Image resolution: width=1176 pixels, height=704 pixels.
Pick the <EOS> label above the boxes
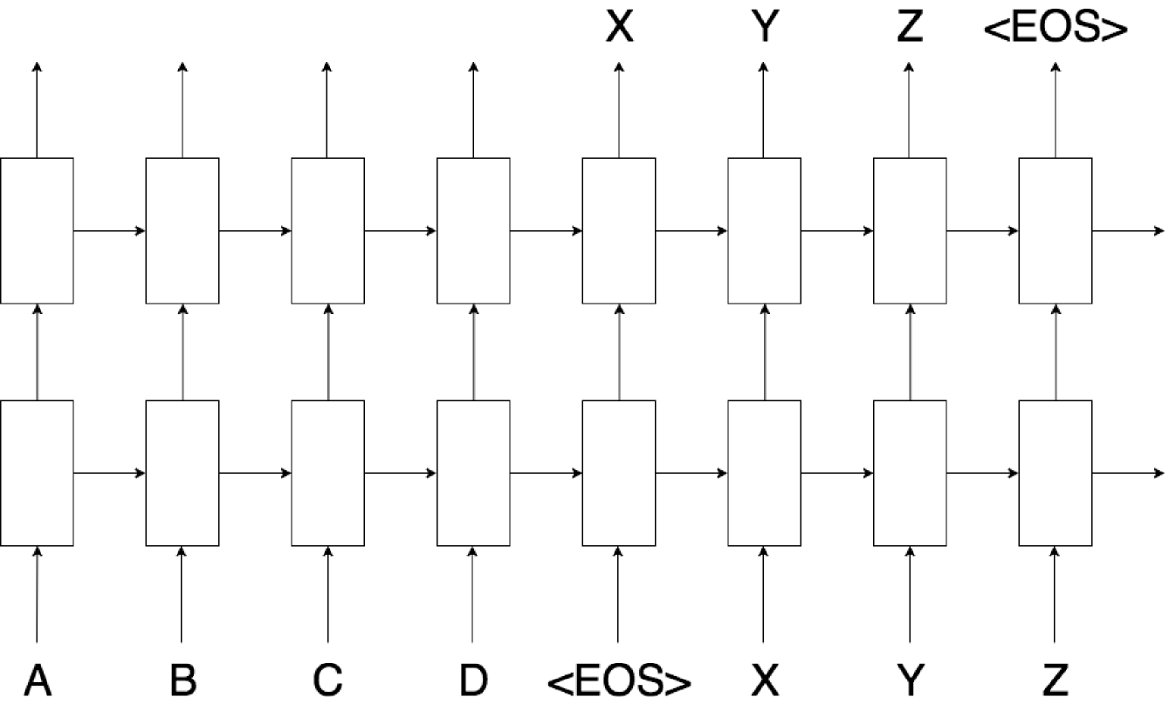pos(1055,28)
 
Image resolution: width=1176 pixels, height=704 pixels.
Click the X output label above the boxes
pos(619,28)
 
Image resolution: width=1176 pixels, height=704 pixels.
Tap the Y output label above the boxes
pos(764,28)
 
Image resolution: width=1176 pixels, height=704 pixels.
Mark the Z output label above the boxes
pos(910,28)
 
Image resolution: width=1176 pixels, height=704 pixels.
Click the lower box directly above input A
pos(37,474)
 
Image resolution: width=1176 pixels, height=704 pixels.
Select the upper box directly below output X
pos(619,230)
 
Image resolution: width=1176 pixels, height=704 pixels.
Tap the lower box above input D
pos(473,474)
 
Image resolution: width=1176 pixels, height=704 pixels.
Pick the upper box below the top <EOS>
pos(1055,230)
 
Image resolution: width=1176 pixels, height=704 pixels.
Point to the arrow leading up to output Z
pos(910,110)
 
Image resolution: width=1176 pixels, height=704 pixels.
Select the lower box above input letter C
pos(327,474)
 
